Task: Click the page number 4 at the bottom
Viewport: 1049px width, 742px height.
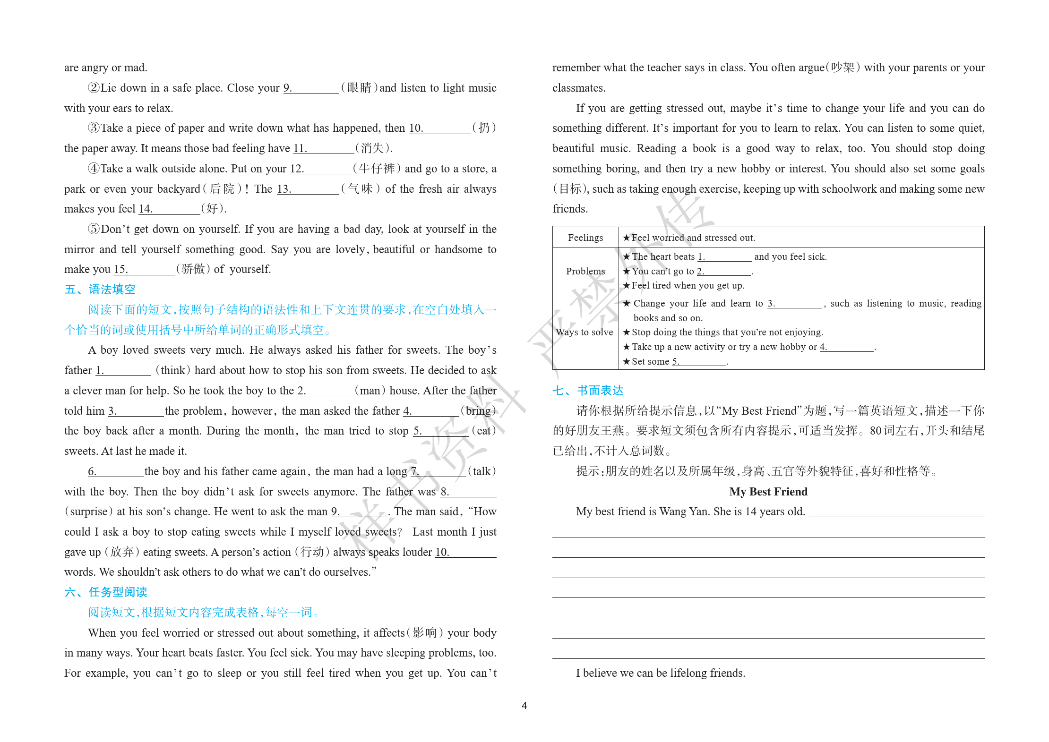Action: click(x=524, y=706)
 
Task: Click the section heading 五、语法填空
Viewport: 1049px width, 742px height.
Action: click(x=100, y=290)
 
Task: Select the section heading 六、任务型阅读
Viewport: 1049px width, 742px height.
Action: click(x=106, y=592)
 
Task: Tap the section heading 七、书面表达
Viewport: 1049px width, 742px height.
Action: click(x=588, y=391)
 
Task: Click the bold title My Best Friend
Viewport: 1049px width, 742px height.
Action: click(x=768, y=492)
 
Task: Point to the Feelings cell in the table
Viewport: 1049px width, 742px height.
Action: click(x=585, y=238)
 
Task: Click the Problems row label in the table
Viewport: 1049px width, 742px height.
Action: click(x=585, y=271)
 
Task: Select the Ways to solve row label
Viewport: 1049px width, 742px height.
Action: click(x=585, y=332)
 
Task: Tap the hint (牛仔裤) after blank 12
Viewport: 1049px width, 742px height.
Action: click(x=377, y=169)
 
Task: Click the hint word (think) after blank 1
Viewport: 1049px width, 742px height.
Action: click(x=173, y=370)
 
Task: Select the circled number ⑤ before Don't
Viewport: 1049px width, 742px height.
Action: click(x=94, y=229)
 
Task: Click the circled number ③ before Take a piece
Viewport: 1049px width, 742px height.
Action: click(x=94, y=128)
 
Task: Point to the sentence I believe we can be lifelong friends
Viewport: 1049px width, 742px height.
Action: click(x=660, y=673)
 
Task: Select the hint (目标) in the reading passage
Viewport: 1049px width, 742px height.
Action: click(x=570, y=189)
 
